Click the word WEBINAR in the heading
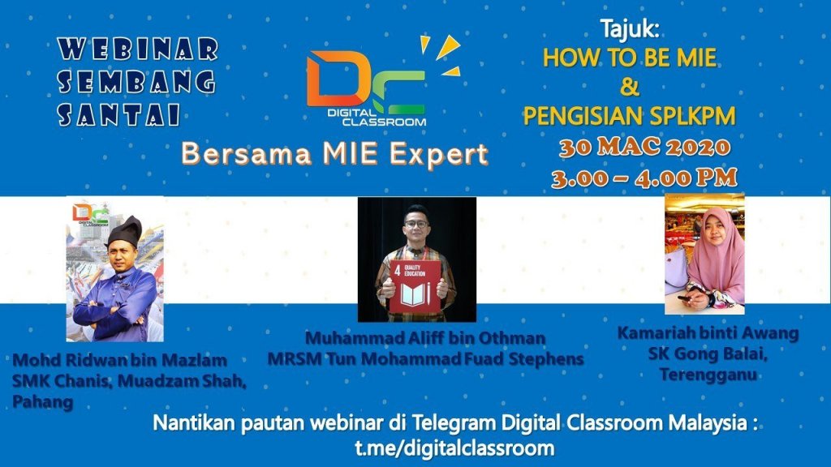[x=138, y=49]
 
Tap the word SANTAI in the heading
[x=118, y=114]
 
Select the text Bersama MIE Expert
[x=334, y=155]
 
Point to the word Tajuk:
[x=630, y=29]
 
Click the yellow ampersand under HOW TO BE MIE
[x=629, y=87]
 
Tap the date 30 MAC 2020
[x=644, y=148]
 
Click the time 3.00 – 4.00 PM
[x=644, y=178]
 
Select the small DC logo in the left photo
[x=90, y=214]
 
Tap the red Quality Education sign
[x=415, y=286]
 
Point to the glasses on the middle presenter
[x=416, y=224]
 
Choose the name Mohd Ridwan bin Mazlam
[x=120, y=361]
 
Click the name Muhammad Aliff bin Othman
[x=425, y=338]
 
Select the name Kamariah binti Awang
[x=708, y=333]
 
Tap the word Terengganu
[x=708, y=375]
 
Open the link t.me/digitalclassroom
[x=454, y=448]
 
